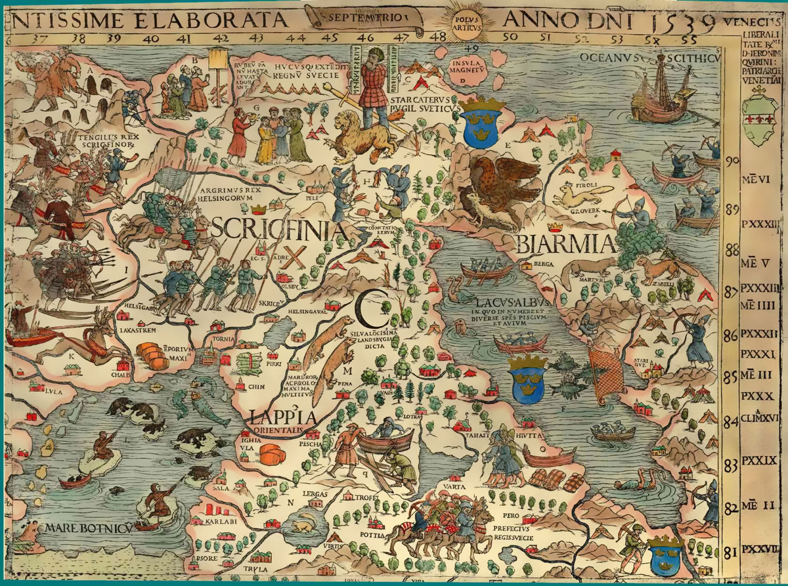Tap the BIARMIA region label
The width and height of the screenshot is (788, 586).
coord(566,244)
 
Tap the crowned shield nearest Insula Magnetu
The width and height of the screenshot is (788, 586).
coord(483,122)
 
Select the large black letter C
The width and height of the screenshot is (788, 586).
coord(366,308)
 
